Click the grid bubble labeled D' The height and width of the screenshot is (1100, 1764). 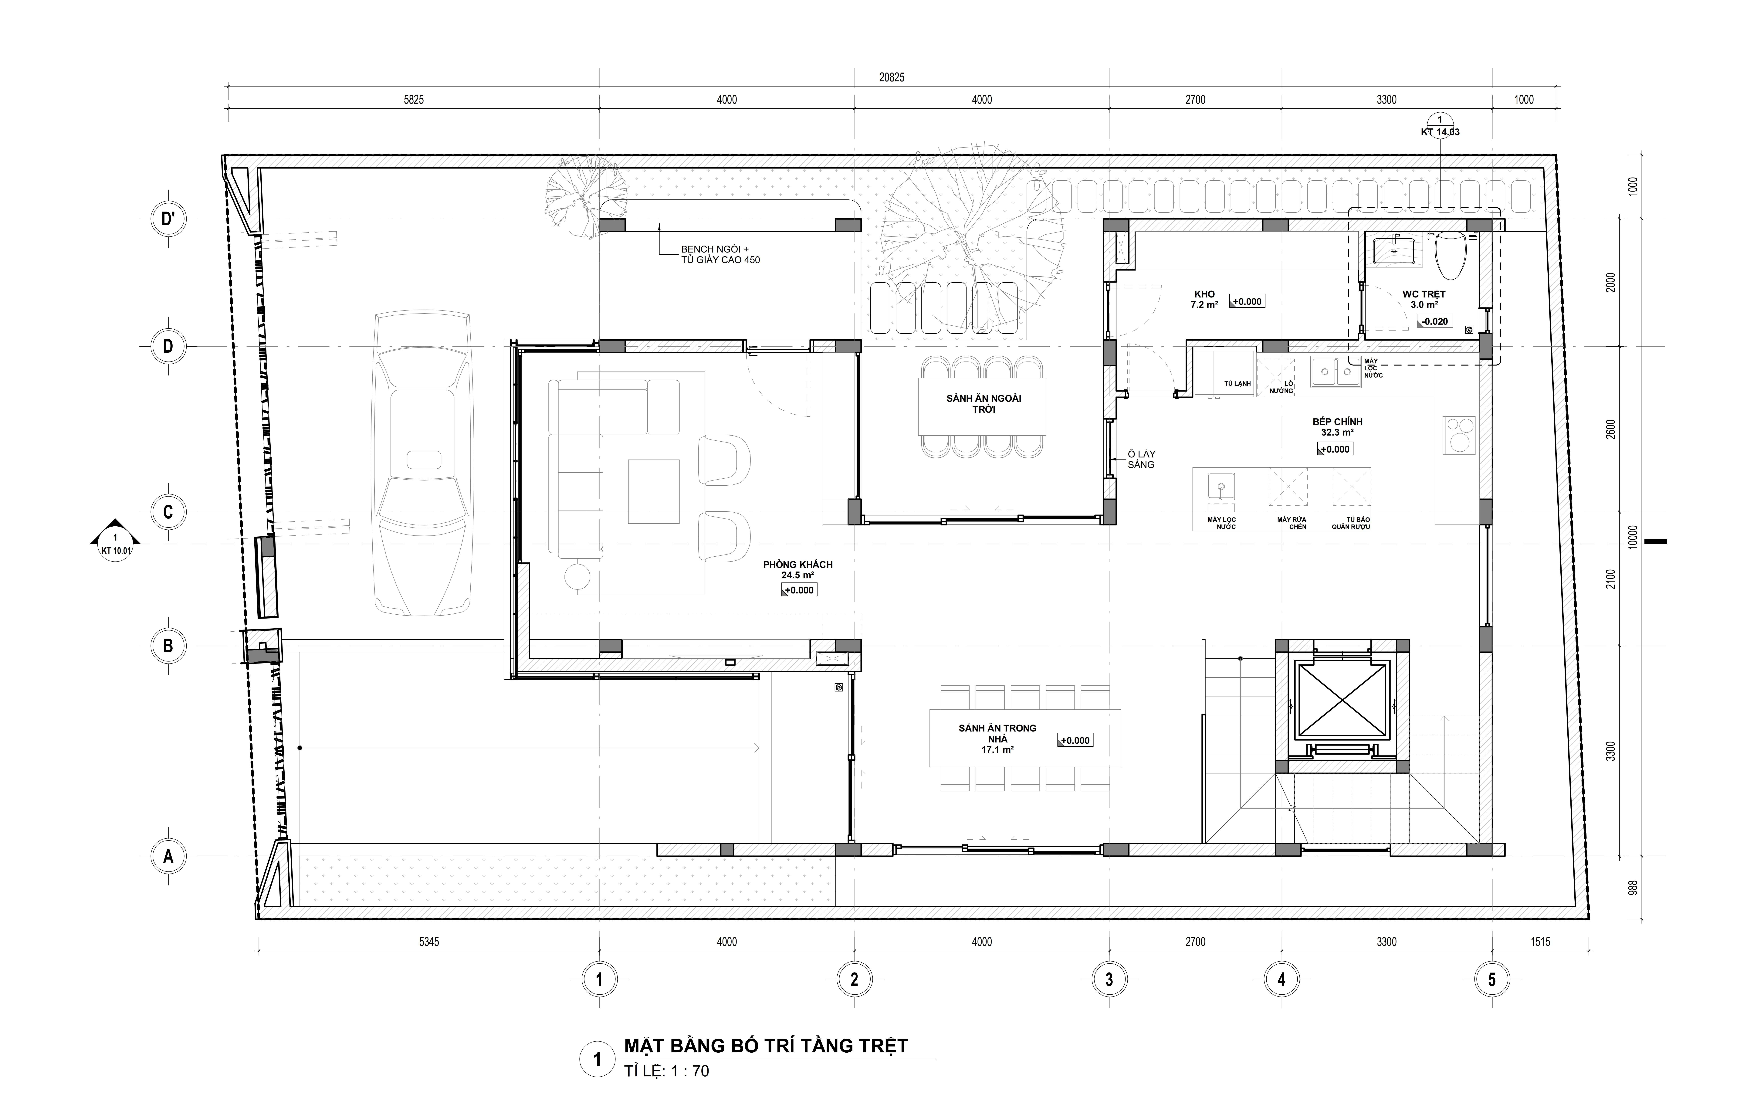[168, 219]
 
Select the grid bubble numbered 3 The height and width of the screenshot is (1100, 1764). [1109, 979]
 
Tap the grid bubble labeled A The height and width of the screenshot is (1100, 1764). [168, 856]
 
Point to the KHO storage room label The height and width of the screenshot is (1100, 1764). [1205, 300]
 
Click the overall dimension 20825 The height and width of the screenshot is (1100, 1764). [892, 77]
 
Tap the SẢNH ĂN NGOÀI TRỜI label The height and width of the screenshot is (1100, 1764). [984, 404]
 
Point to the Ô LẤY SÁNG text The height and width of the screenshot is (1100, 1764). [1141, 459]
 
